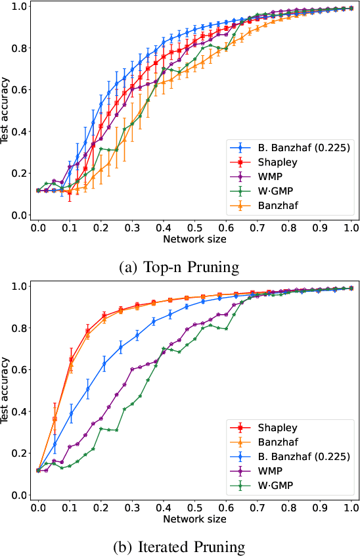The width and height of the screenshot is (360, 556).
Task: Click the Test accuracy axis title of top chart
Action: (7, 110)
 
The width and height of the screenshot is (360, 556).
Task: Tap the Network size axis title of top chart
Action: (195, 239)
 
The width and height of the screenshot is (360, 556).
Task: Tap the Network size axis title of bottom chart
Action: (195, 519)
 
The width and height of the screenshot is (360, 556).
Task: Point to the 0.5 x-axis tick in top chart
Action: (195, 227)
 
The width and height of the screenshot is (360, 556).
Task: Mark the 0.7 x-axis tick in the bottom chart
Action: (258, 507)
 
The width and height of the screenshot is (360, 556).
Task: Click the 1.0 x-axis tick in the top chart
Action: (351, 227)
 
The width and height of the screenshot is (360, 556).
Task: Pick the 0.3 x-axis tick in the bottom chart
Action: (132, 507)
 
